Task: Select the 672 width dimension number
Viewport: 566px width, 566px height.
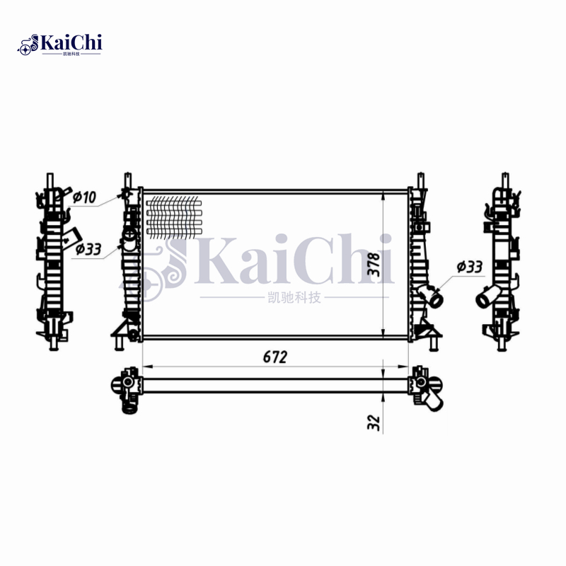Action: pyautogui.click(x=275, y=357)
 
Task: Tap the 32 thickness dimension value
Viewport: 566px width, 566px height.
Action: pyautogui.click(x=374, y=422)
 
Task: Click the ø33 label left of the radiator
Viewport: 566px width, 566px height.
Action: pyautogui.click(x=88, y=248)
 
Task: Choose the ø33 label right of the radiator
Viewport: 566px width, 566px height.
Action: pyautogui.click(x=470, y=266)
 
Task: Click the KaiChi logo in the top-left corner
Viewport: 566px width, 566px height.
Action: pyautogui.click(x=60, y=44)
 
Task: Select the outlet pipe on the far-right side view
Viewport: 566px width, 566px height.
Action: pyautogui.click(x=487, y=298)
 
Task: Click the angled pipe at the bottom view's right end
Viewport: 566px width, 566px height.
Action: pyautogui.click(x=432, y=400)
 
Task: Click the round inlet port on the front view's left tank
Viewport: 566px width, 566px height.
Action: pyautogui.click(x=129, y=235)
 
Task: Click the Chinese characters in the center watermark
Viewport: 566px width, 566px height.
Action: pyautogui.click(x=291, y=297)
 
